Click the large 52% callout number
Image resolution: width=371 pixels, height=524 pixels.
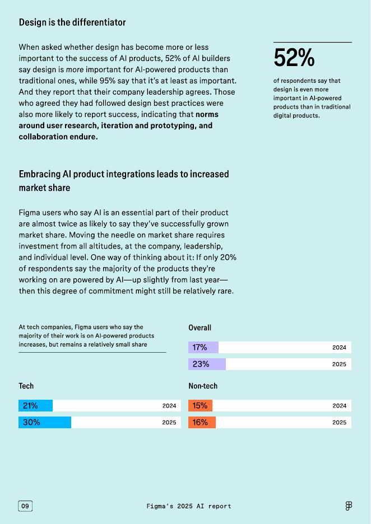[294, 58]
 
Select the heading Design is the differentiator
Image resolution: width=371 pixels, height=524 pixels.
[72, 22]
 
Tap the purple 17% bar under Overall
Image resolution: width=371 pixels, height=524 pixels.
[203, 348]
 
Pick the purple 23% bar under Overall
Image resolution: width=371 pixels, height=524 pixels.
[207, 364]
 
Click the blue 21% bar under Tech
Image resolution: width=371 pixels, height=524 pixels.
[35, 406]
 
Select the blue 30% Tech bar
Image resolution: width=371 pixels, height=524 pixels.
[45, 423]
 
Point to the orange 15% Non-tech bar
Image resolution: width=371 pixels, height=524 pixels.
[200, 406]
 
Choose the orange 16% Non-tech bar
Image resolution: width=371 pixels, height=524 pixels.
[202, 423]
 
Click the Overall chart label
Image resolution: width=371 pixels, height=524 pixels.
[200, 327]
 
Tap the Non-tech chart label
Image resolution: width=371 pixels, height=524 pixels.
[203, 386]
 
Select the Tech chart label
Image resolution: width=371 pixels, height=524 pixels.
[26, 386]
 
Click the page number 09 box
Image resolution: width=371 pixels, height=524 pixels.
[25, 506]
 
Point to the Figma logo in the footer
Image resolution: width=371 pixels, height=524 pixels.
[349, 506]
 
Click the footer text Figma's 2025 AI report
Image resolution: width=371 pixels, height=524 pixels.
[189, 506]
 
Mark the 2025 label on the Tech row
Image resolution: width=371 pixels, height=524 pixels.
[169, 423]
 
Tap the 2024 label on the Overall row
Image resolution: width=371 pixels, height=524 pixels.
[339, 348]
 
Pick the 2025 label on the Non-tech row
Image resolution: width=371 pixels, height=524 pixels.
[339, 423]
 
